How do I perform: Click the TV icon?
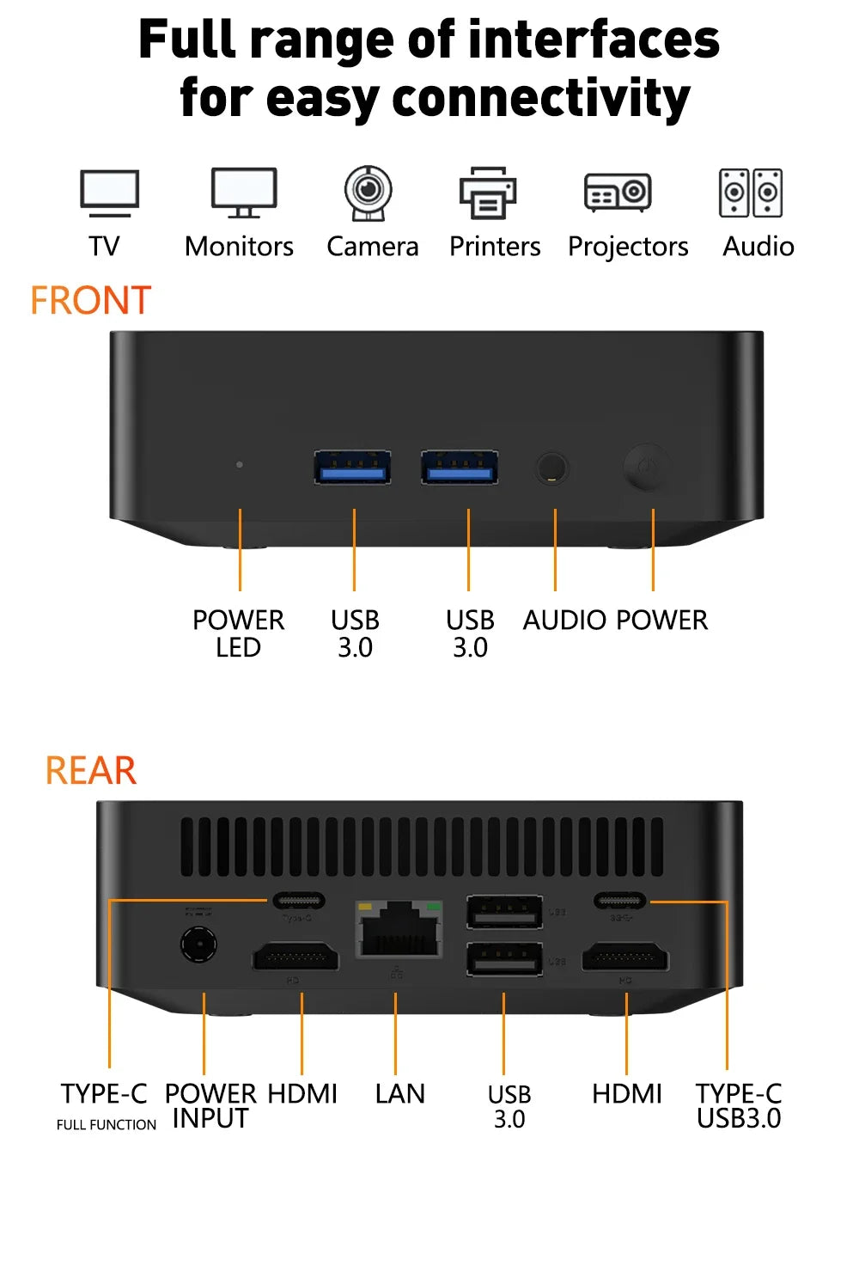pos(109,193)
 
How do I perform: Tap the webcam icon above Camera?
pos(369,193)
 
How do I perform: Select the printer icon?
pos(488,193)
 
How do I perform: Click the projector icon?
pos(618,193)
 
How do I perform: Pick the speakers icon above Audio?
pos(751,193)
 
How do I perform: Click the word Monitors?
pos(239,247)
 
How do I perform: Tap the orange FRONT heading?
pos(90,301)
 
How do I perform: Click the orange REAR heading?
pos(90,770)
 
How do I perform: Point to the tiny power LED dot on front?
pos(240,464)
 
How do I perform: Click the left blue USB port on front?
pos(352,468)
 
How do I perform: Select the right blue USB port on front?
pos(460,468)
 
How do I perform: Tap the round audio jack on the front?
pos(552,468)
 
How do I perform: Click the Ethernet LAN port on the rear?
pos(399,930)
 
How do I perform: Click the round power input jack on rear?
pos(198,945)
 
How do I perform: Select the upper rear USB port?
pos(504,912)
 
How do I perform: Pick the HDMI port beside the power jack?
pos(295,957)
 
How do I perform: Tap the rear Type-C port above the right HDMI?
pos(619,901)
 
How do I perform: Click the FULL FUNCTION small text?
pos(107,1125)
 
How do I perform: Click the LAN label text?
pos(399,1094)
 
